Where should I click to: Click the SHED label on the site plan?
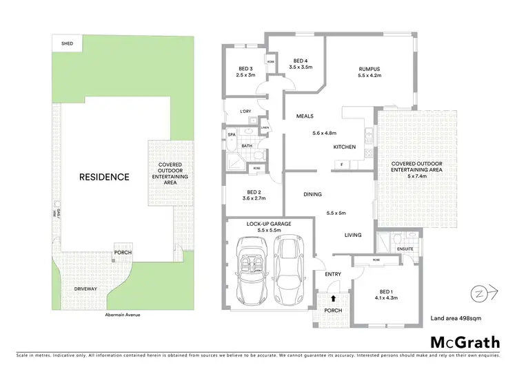(67, 43)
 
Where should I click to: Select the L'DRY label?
(245, 112)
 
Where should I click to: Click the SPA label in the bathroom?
(232, 136)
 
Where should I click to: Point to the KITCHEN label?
(344, 147)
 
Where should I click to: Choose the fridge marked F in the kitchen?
(341, 165)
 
